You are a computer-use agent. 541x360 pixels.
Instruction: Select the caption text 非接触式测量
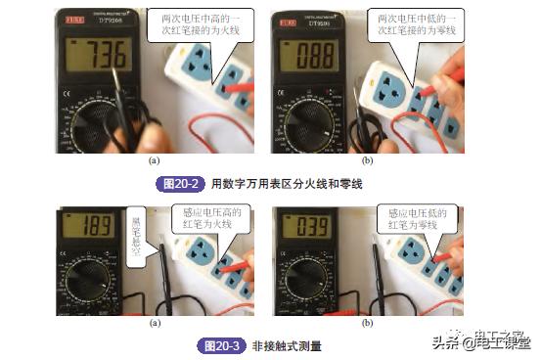click(287, 345)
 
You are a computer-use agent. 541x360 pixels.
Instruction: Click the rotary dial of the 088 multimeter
click(313, 127)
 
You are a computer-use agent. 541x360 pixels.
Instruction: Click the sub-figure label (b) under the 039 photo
click(367, 322)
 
